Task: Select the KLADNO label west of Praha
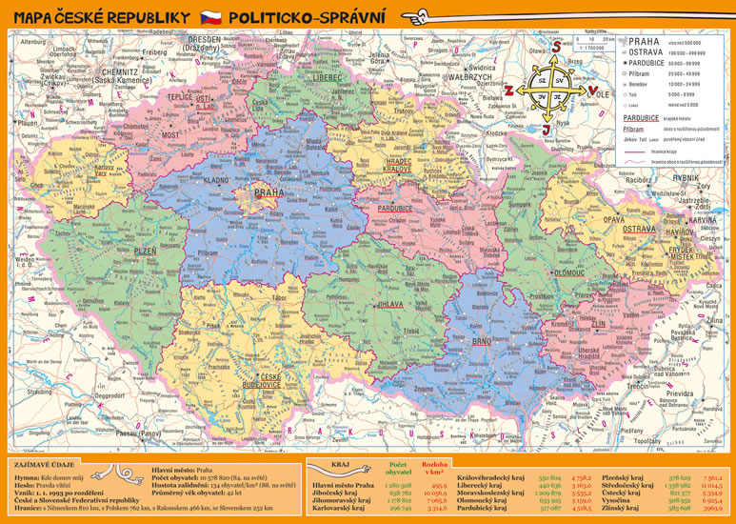[x=217, y=179]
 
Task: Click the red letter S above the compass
[x=550, y=44]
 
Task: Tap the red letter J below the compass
[x=545, y=130]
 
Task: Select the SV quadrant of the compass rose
[x=560, y=82]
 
